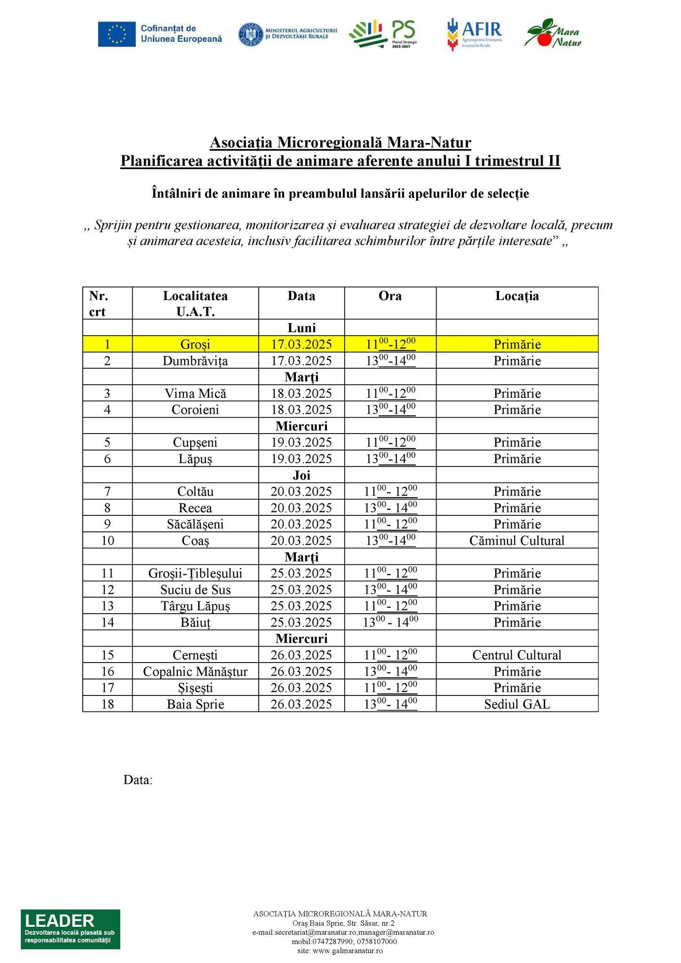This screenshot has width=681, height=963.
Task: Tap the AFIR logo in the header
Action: pos(474,34)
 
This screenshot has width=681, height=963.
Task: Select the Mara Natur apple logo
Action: pos(553,33)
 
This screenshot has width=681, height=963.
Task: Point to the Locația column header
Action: pos(517,296)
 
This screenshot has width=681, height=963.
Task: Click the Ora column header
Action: pos(390,296)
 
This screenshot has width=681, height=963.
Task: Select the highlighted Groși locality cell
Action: pos(195,344)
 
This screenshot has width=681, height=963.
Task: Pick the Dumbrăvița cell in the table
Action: pos(195,361)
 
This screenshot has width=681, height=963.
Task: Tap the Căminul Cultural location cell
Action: pos(517,540)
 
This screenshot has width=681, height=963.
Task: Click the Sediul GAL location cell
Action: pos(517,704)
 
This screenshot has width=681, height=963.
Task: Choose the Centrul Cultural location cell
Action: pos(517,655)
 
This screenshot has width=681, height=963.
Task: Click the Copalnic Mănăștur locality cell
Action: pos(195,671)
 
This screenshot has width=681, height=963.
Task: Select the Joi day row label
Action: pos(301,475)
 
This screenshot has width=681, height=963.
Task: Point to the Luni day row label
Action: pos(301,328)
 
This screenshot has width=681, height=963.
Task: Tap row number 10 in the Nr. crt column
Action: pos(107,540)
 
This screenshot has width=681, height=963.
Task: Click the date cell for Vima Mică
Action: pos(301,393)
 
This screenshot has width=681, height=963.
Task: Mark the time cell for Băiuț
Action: pos(390,622)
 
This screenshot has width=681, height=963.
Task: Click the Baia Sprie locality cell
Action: pos(195,704)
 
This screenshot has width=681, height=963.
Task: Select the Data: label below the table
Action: pos(138,780)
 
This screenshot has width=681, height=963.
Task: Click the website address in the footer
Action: pos(340,951)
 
